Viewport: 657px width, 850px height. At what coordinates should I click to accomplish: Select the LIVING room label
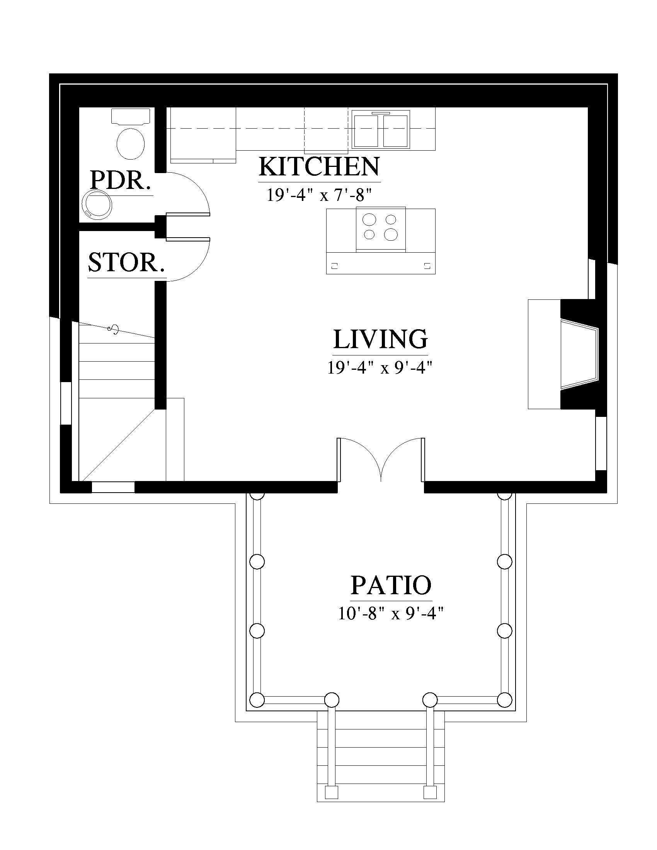pos(380,339)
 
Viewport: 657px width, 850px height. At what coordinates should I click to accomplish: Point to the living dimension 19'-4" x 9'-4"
pos(380,367)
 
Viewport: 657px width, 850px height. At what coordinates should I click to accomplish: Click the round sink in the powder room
pos(97,203)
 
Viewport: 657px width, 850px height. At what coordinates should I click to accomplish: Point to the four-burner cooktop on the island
pos(381,228)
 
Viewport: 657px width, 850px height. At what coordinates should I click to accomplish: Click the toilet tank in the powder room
pos(131,117)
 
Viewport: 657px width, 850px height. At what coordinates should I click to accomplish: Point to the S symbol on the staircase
pos(114,329)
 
